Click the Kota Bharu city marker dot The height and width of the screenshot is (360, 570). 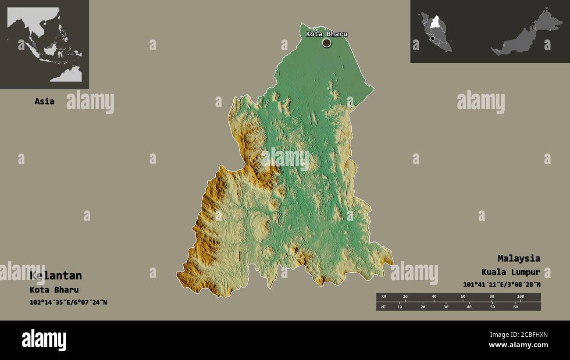click(x=327, y=43)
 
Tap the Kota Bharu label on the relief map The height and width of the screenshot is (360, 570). click(x=326, y=34)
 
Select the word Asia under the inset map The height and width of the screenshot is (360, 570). click(x=44, y=101)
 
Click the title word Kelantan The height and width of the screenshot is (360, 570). click(x=56, y=275)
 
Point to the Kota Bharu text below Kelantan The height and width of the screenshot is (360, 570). click(x=54, y=290)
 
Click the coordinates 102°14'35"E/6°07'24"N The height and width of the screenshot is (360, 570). click(x=68, y=303)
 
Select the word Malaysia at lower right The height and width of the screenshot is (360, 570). click(x=519, y=258)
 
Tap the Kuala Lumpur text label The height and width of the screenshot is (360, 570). click(x=510, y=272)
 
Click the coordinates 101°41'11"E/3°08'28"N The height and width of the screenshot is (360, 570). click(x=502, y=285)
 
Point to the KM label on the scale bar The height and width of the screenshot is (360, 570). click(x=384, y=297)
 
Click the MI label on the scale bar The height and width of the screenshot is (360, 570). click(x=384, y=307)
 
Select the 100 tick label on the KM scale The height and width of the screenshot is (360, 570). click(x=520, y=297)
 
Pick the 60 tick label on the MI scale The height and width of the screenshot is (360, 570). click(x=515, y=307)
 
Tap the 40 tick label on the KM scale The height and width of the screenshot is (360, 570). click(x=434, y=297)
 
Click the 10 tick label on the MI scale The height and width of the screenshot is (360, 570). click(x=399, y=307)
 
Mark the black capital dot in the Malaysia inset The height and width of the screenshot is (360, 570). click(x=433, y=39)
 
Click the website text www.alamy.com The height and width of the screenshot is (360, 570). click(x=519, y=345)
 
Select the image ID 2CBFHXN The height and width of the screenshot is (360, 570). click(x=526, y=335)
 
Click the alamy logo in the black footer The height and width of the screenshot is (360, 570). click(x=44, y=340)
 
